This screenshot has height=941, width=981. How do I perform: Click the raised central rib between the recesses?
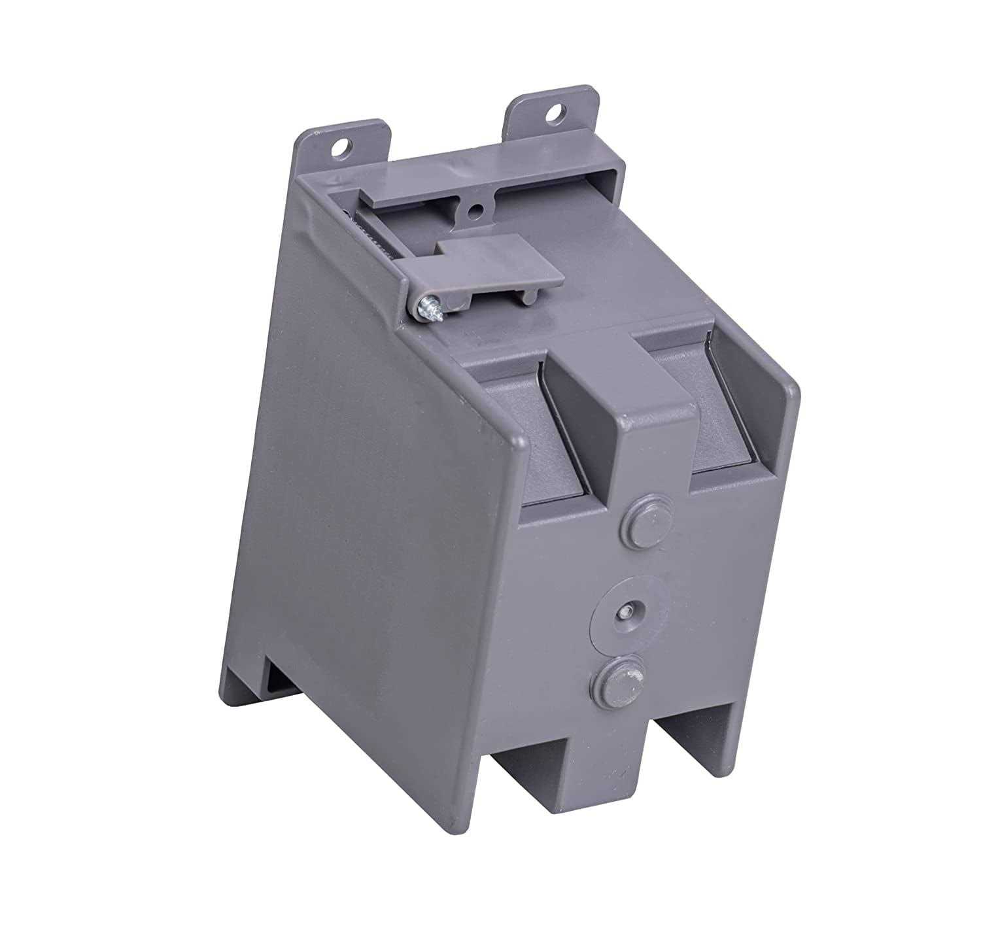(638, 419)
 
